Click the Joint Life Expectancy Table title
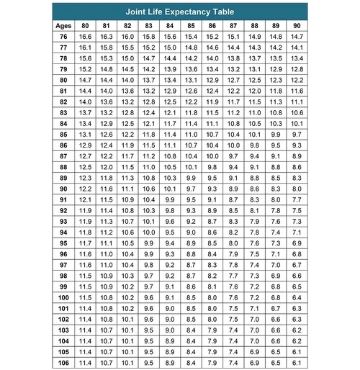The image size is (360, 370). pyautogui.click(x=180, y=12)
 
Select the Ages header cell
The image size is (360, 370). pyautogui.click(x=63, y=25)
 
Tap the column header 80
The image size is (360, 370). pyautogui.click(x=86, y=25)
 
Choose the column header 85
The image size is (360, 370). pyautogui.click(x=191, y=25)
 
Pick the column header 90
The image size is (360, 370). pyautogui.click(x=297, y=25)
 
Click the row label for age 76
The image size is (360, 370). pyautogui.click(x=63, y=36)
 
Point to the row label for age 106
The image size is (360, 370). pyautogui.click(x=63, y=362)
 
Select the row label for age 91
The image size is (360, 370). pyautogui.click(x=63, y=199)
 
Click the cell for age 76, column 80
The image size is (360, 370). pyautogui.click(x=86, y=36)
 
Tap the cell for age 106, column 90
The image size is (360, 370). pyautogui.click(x=297, y=362)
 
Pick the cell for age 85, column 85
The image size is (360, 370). pyautogui.click(x=191, y=134)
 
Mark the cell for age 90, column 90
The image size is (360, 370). pyautogui.click(x=297, y=189)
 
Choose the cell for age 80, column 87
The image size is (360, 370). pyautogui.click(x=233, y=80)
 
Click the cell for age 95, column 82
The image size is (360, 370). pyautogui.click(x=128, y=243)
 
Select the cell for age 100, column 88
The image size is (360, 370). pyautogui.click(x=254, y=297)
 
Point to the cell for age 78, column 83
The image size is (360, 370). pyautogui.click(x=149, y=58)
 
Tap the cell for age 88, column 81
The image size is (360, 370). pyautogui.click(x=107, y=167)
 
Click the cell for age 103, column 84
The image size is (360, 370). pyautogui.click(x=170, y=330)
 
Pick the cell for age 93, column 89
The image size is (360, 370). pyautogui.click(x=275, y=221)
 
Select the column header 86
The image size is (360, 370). pyautogui.click(x=212, y=25)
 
